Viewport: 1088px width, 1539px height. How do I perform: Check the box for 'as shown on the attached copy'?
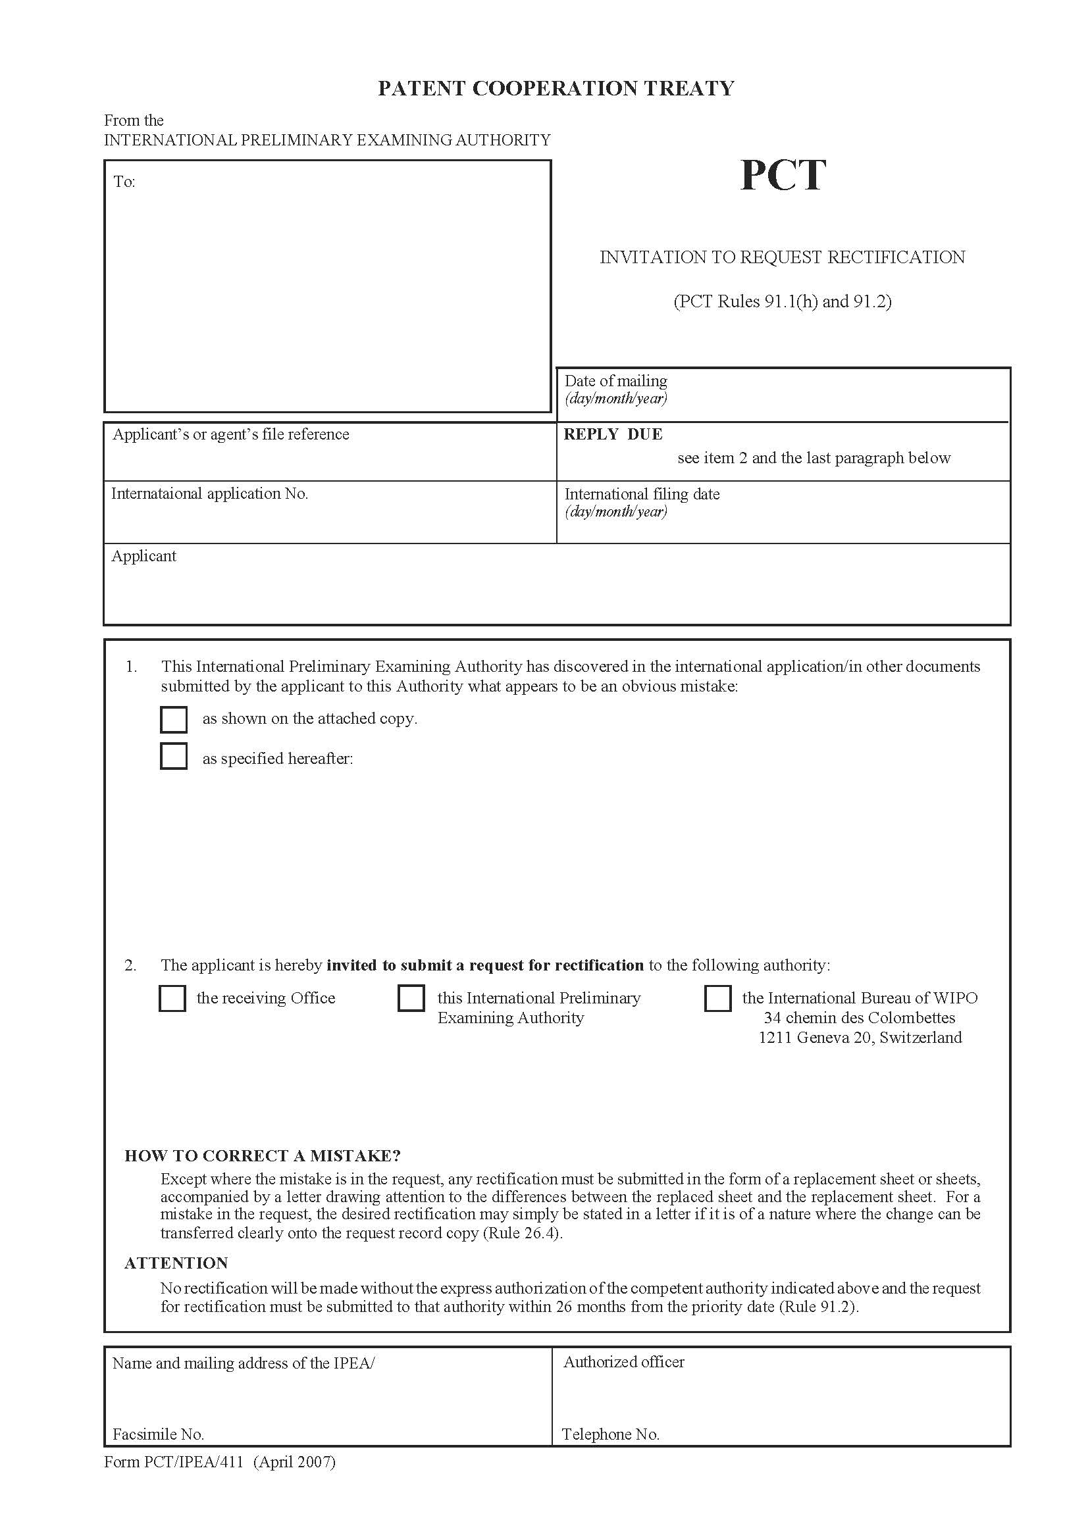[174, 720]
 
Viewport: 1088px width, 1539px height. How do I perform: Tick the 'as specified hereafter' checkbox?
[174, 757]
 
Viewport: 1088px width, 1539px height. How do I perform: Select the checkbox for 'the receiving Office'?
[172, 998]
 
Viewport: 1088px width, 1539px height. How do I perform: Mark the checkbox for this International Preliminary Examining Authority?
[411, 997]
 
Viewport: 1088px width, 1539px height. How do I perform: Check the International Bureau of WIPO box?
[717, 998]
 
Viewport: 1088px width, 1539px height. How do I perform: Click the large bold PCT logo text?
[783, 176]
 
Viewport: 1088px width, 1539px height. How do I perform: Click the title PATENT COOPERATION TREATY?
[556, 88]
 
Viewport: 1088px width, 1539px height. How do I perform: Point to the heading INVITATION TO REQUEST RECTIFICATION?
[782, 257]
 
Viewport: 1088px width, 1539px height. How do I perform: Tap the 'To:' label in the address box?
[124, 182]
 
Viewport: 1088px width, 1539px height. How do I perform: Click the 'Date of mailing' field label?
[615, 381]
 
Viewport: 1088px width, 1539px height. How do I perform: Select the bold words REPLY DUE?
[613, 434]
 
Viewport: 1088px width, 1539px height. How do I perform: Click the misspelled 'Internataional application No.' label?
[209, 494]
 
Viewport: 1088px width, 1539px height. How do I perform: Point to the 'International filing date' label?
[642, 494]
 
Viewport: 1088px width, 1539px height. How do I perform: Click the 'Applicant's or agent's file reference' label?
[230, 434]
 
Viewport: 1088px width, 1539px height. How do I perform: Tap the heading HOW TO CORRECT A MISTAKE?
[262, 1155]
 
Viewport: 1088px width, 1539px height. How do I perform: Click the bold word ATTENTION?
[176, 1263]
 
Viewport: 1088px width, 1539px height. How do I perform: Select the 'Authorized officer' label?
[623, 1362]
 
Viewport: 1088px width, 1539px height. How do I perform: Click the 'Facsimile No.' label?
[158, 1434]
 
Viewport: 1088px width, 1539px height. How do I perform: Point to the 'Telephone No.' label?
[610, 1434]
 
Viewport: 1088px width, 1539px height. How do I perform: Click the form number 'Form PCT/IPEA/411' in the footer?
[173, 1462]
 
